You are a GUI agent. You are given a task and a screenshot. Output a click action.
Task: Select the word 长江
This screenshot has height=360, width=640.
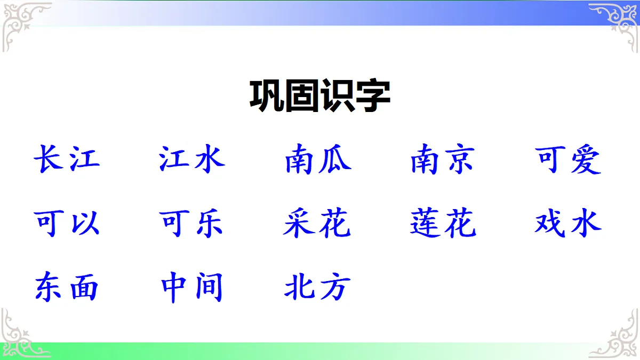pyautogui.click(x=67, y=159)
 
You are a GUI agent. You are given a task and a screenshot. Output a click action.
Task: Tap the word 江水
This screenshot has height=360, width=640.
pyautogui.click(x=192, y=159)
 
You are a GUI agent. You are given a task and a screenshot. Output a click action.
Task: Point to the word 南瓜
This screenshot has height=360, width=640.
pyautogui.click(x=318, y=159)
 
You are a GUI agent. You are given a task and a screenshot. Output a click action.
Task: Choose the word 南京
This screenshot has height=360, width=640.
pyautogui.click(x=443, y=159)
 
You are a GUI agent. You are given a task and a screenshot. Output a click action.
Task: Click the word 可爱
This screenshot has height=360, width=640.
pyautogui.click(x=569, y=159)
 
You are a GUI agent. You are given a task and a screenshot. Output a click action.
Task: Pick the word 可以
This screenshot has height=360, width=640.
pyautogui.click(x=67, y=223)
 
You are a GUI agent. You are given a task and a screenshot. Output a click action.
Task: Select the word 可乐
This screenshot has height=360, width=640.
pyautogui.click(x=192, y=223)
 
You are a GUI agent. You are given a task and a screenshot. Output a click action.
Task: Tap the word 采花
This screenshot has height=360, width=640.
pyautogui.click(x=318, y=223)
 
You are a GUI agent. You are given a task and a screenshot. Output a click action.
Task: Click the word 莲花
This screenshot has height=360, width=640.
pyautogui.click(x=443, y=223)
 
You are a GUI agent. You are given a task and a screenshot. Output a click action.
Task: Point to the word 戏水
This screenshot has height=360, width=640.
pyautogui.click(x=569, y=223)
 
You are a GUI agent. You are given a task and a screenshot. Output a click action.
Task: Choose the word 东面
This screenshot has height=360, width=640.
pyautogui.click(x=67, y=287)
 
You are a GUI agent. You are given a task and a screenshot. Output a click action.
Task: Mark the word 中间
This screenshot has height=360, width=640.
pyautogui.click(x=192, y=287)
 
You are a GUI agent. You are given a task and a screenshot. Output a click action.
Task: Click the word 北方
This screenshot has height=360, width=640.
pyautogui.click(x=318, y=287)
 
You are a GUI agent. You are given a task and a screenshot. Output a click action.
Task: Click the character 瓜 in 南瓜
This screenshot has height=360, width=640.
pyautogui.click(x=335, y=159)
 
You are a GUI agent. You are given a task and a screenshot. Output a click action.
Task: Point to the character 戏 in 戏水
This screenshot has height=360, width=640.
pyautogui.click(x=551, y=223)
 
